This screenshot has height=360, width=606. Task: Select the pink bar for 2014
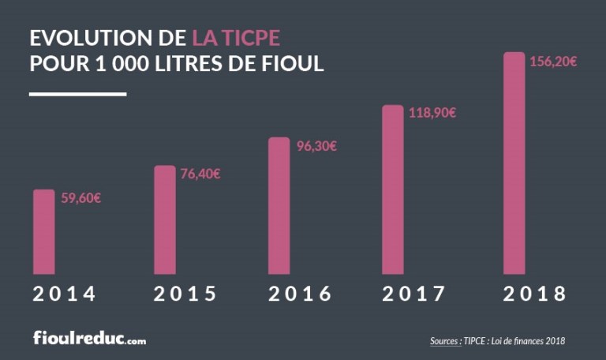click(x=44, y=232)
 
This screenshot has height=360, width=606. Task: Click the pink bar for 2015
click(x=165, y=220)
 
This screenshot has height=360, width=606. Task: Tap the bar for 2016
click(x=279, y=206)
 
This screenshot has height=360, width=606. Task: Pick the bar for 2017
click(x=393, y=189)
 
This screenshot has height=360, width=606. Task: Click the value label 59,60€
click(x=80, y=198)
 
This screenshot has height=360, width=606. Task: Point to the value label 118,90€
click(x=432, y=113)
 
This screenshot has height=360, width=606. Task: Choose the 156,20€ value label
click(x=552, y=62)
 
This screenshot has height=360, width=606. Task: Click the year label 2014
click(x=65, y=294)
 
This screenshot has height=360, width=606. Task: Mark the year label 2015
click(x=185, y=294)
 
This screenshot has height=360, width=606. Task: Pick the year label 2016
click(x=300, y=294)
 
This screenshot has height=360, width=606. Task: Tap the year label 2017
click(x=415, y=294)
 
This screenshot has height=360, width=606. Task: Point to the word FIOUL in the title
click(x=292, y=63)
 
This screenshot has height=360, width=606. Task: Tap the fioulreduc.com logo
click(x=89, y=339)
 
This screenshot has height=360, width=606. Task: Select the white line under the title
click(x=77, y=94)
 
